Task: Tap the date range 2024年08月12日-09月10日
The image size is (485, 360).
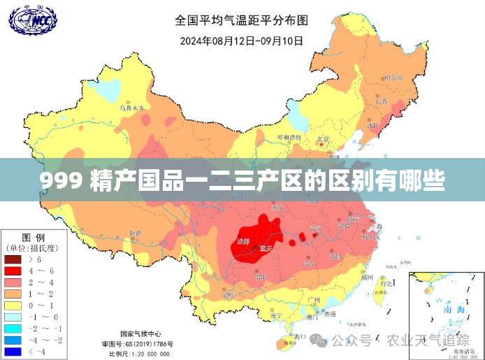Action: click(242, 41)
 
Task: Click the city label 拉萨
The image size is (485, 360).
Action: click(135, 232)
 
